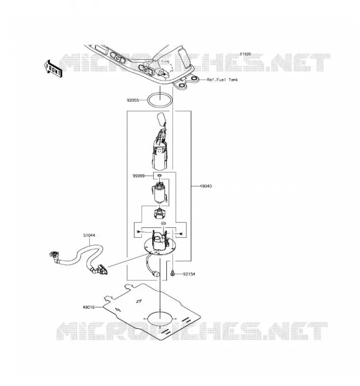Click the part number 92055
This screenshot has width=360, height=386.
pos(133,100)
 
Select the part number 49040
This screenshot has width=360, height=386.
pos(206,186)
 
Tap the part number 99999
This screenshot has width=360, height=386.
pos(139,176)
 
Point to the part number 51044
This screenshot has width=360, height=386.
pos(89,235)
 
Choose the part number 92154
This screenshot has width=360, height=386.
pos(189,274)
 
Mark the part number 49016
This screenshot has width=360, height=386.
pos(89,307)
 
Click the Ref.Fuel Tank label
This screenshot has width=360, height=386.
pos(223,80)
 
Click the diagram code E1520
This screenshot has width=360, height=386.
pos(245,54)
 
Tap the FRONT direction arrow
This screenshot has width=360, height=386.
pos(53,69)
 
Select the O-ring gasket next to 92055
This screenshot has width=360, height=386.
pos(148,101)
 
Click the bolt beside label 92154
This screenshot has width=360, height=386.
pos(173,273)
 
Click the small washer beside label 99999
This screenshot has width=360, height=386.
pos(160,175)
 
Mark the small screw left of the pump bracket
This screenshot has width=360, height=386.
pos(138,232)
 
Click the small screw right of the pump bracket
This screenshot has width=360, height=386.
pos(181,234)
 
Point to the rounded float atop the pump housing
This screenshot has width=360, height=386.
pos(161,118)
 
